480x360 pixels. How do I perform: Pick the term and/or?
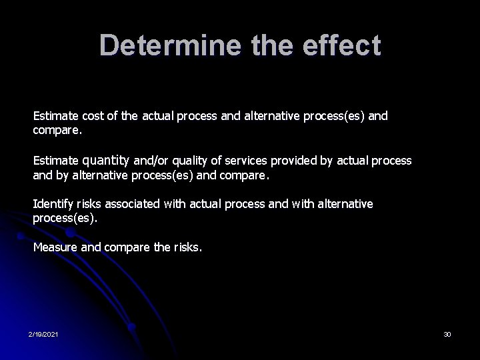coord(150,161)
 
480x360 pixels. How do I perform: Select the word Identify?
coord(53,204)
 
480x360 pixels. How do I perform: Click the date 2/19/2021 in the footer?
coord(43,333)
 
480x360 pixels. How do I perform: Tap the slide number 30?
coord(447,333)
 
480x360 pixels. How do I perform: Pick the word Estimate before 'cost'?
coord(55,117)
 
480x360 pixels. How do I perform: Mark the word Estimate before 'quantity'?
coord(55,161)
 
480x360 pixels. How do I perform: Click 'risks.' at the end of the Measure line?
coord(187,247)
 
